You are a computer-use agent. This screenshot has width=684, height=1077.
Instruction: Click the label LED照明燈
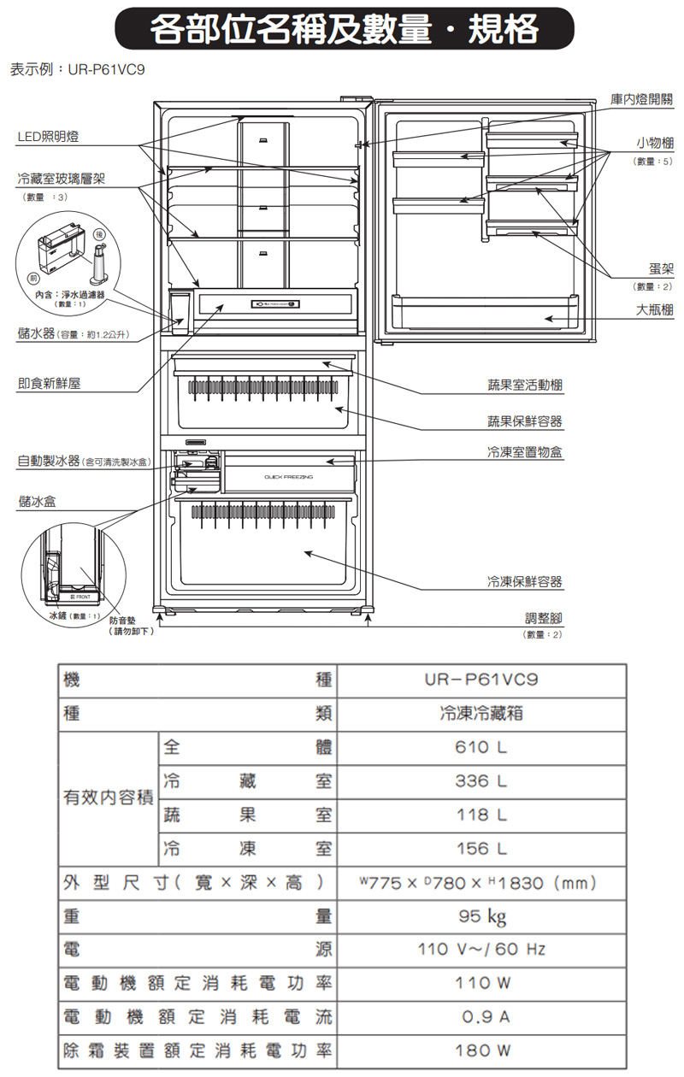tap(51, 138)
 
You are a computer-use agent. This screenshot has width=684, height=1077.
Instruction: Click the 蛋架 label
tap(660, 269)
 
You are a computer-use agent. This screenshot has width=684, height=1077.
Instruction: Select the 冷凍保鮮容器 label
tap(525, 582)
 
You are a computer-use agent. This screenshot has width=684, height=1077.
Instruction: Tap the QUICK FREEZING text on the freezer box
tap(288, 475)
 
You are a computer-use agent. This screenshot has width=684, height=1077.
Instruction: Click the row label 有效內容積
tap(107, 797)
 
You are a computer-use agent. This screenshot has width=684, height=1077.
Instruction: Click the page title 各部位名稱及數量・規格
tap(344, 30)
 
